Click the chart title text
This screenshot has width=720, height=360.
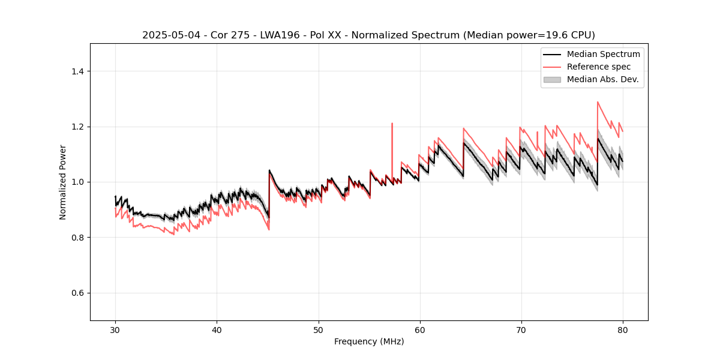click(x=368, y=35)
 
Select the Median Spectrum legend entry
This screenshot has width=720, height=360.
click(x=603, y=54)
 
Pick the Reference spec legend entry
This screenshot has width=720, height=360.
click(x=598, y=67)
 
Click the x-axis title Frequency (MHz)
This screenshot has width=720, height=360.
click(x=369, y=341)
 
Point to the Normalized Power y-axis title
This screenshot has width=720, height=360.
click(x=63, y=182)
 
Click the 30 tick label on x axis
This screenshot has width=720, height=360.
click(x=115, y=329)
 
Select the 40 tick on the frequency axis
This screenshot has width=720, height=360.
click(x=217, y=329)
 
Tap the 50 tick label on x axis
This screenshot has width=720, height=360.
click(x=319, y=329)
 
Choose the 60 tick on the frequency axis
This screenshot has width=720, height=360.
click(x=420, y=329)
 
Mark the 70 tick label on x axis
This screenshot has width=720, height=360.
click(x=521, y=329)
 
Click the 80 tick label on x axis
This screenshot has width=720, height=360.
click(x=623, y=329)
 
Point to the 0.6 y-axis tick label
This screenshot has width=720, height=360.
click(x=77, y=293)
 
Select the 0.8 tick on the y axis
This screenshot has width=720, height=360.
click(x=77, y=238)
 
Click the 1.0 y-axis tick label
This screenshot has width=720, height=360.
click(x=77, y=182)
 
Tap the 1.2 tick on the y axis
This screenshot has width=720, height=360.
click(x=77, y=127)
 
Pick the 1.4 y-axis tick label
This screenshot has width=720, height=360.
click(x=77, y=71)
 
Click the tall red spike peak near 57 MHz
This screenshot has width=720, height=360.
click(x=392, y=124)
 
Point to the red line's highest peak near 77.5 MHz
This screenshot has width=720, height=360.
click(x=598, y=102)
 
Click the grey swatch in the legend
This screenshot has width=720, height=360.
click(x=551, y=79)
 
